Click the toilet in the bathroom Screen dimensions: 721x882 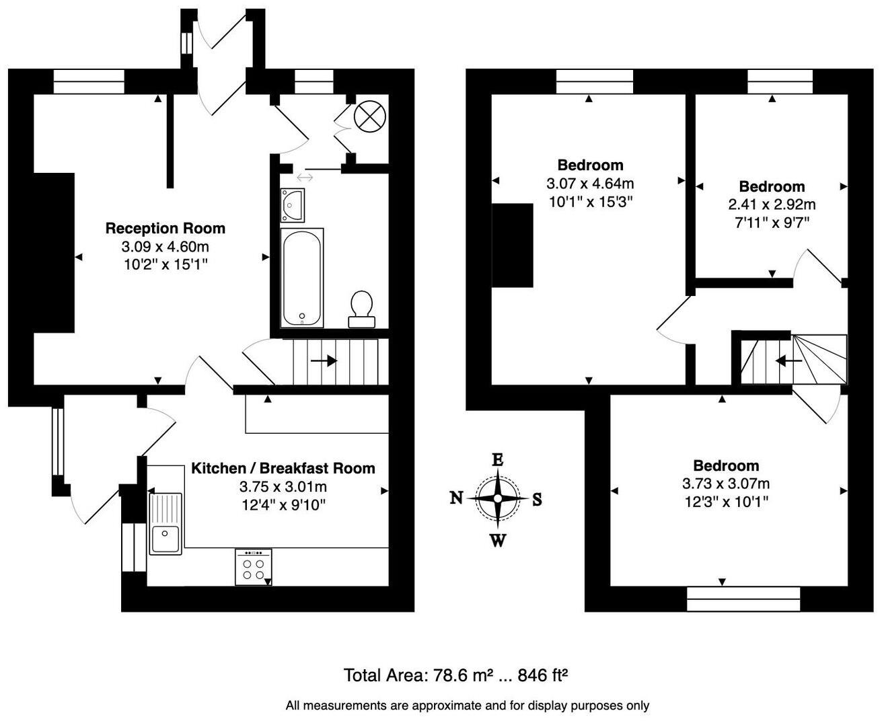(362, 308)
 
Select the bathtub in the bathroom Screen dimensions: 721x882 (302, 278)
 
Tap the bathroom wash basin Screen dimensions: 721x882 (293, 204)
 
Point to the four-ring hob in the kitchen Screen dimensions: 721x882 (254, 567)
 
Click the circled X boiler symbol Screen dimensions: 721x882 (368, 116)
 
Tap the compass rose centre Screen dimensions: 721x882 (497, 498)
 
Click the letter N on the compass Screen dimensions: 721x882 (456, 498)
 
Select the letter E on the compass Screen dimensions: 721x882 (497, 460)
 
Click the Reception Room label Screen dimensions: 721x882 (165, 229)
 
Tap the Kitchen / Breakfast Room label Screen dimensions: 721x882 (283, 468)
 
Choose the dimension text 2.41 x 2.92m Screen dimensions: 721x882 (772, 204)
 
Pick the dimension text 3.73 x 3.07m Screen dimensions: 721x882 (726, 484)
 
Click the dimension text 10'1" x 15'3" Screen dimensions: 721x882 (590, 201)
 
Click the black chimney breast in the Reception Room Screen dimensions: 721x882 (54, 252)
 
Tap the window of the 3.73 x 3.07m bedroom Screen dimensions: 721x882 (743, 598)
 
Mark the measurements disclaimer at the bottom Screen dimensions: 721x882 (467, 706)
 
